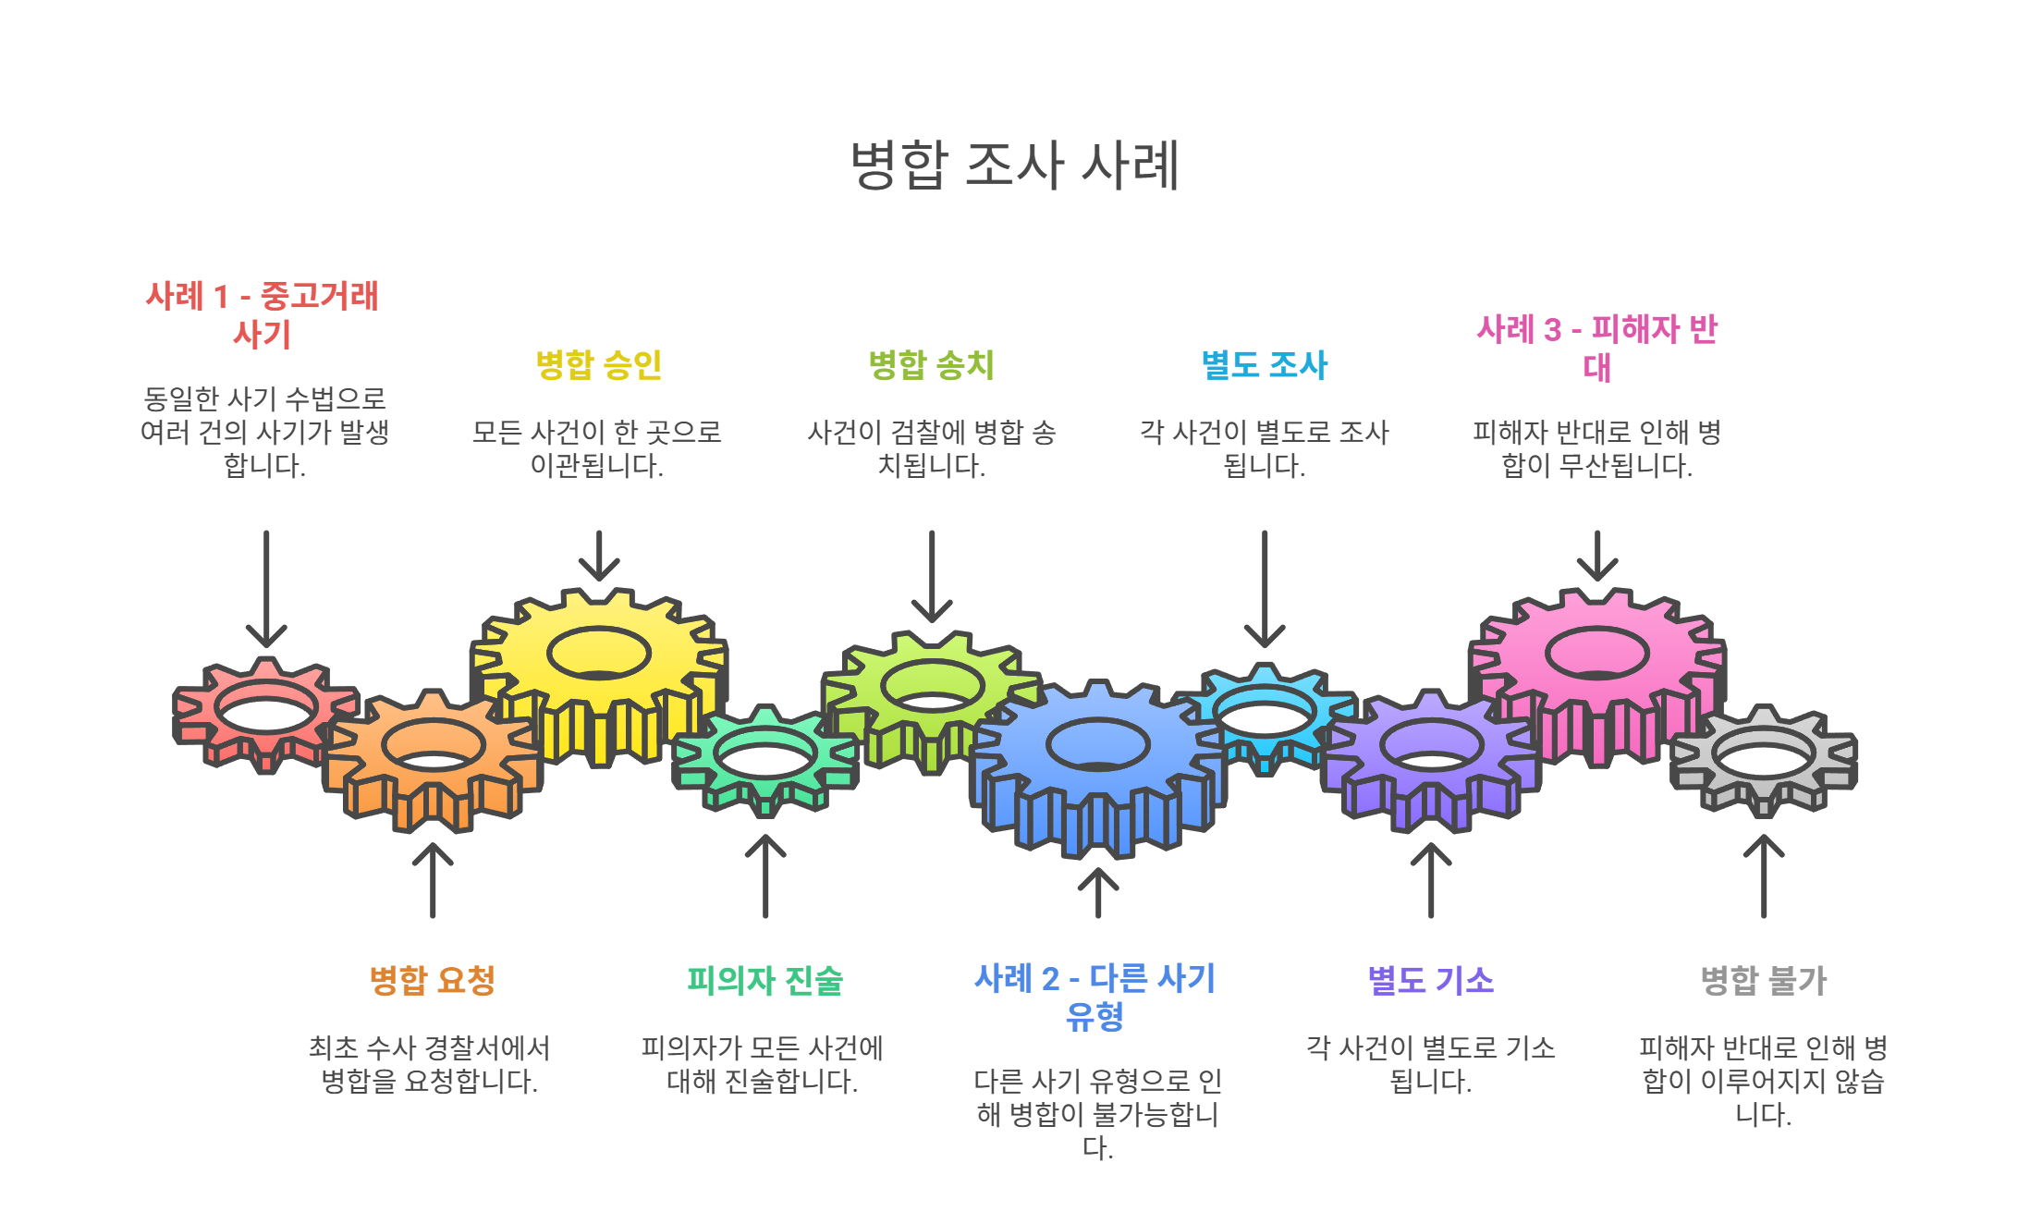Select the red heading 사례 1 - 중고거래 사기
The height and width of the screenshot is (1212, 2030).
(263, 314)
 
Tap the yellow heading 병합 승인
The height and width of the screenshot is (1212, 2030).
(598, 364)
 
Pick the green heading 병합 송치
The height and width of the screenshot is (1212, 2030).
(931, 364)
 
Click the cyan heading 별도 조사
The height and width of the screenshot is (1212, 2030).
(1264, 364)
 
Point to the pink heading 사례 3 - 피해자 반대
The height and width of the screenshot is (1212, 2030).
(1596, 348)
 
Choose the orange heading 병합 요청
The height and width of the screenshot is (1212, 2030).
(432, 980)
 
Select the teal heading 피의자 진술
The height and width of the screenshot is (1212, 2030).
(764, 980)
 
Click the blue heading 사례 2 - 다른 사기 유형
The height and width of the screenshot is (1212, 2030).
(1095, 997)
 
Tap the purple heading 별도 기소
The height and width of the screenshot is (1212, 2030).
(1430, 980)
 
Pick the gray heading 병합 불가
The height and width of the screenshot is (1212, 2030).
(1763, 980)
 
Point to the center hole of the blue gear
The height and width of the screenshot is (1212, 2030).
(1097, 743)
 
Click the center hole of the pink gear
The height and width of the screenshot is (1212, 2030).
(1596, 653)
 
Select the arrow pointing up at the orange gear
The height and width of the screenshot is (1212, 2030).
(433, 879)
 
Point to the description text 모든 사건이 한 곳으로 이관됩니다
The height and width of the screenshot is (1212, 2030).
(597, 448)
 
